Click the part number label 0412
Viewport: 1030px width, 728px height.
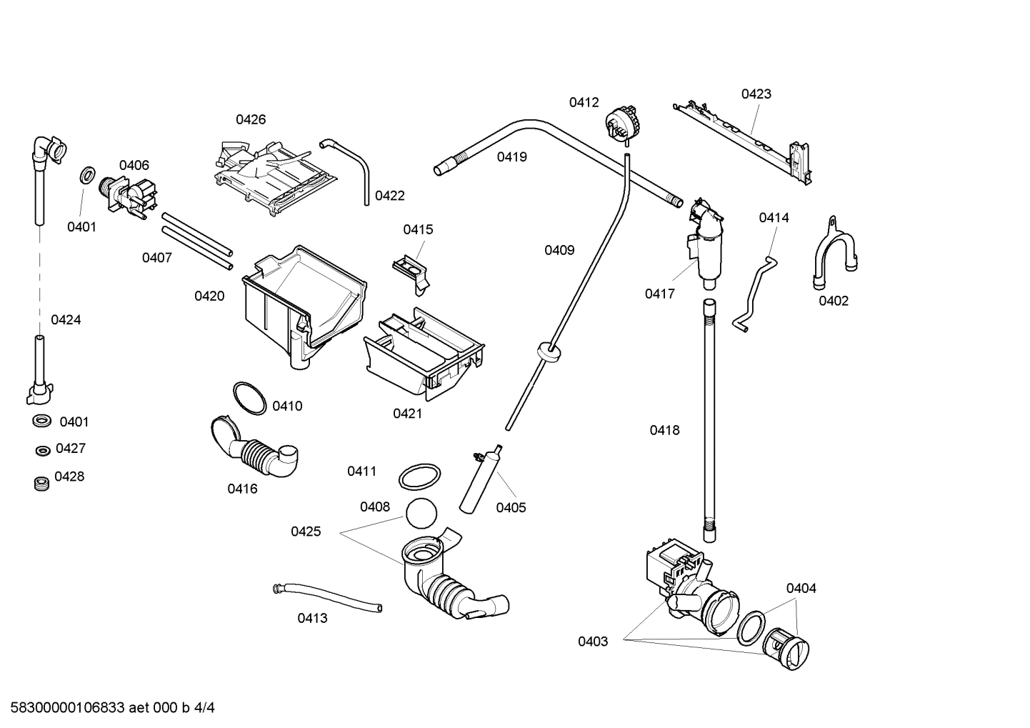[584, 103]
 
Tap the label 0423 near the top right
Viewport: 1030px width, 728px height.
[756, 94]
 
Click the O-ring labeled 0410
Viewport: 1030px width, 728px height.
[249, 398]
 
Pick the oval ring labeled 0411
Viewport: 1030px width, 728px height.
[419, 477]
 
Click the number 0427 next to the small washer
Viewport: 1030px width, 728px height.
[70, 449]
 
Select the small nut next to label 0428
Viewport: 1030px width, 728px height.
[41, 484]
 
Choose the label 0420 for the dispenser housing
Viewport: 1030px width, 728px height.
[209, 296]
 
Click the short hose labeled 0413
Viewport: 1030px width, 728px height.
[328, 597]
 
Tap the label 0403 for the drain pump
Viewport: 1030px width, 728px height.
[593, 642]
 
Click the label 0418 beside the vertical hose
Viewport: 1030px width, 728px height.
[664, 430]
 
